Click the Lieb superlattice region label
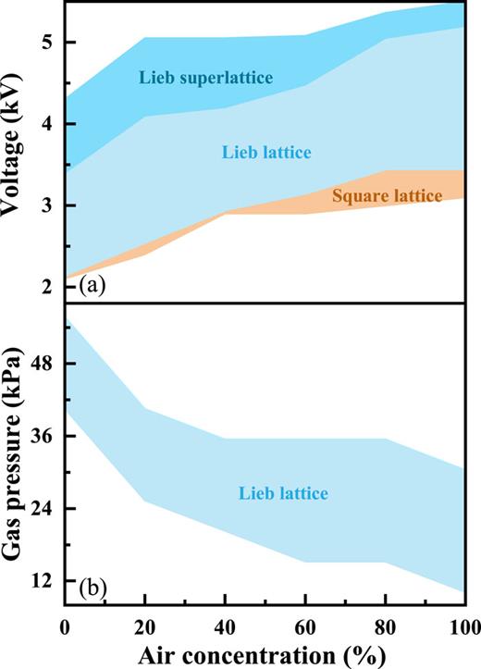pos(206,78)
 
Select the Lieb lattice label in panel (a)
pos(267,151)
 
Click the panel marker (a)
pos(92,284)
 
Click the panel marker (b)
pos(92,587)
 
